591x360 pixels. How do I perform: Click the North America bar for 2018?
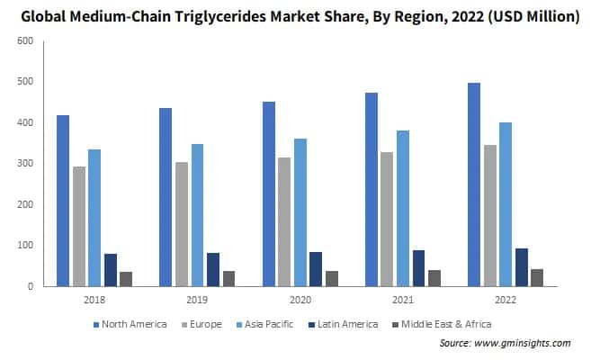click(x=63, y=201)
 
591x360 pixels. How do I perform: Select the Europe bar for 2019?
click(x=182, y=224)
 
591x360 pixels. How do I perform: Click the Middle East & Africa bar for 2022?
click(x=537, y=277)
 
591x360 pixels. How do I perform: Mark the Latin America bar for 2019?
click(x=213, y=269)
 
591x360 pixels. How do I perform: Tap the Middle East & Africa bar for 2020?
click(x=332, y=278)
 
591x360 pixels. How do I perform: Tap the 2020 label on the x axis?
click(x=300, y=298)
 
